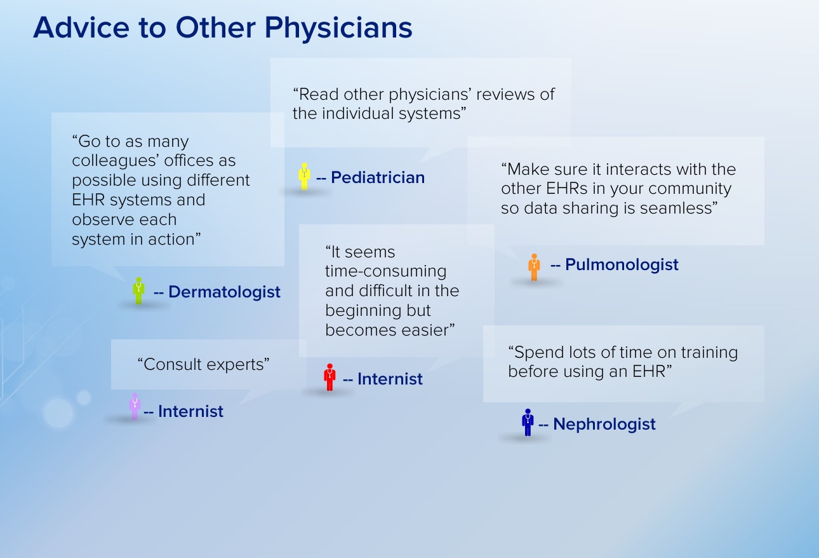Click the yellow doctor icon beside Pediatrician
(x=304, y=177)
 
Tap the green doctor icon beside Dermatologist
(x=138, y=291)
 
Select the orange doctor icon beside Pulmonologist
(x=534, y=268)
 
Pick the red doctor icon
(x=330, y=378)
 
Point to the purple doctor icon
(x=135, y=407)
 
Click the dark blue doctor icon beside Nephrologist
(x=528, y=422)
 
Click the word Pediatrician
(x=378, y=177)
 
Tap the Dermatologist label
(x=224, y=292)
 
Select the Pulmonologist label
(x=622, y=264)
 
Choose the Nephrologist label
(x=604, y=424)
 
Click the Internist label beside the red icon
(x=390, y=379)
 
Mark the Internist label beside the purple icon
(x=190, y=411)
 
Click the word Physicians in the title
(x=338, y=28)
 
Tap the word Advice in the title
(x=81, y=27)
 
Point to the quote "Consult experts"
(x=203, y=364)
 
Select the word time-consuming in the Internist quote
(x=386, y=271)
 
